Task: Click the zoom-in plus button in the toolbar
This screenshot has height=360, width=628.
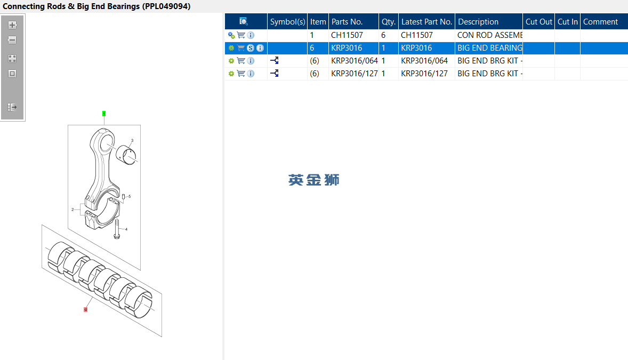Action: pyautogui.click(x=12, y=25)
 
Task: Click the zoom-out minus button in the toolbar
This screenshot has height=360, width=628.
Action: pyautogui.click(x=12, y=40)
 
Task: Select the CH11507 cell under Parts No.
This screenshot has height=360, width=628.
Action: pyautogui.click(x=347, y=35)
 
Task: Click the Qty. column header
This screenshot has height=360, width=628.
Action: pyautogui.click(x=389, y=22)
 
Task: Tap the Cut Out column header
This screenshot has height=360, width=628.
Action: pyautogui.click(x=538, y=22)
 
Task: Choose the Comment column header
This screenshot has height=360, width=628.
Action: pyautogui.click(x=600, y=22)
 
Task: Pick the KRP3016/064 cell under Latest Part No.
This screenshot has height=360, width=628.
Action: pyautogui.click(x=424, y=61)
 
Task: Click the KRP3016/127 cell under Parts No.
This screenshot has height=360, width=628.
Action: pyautogui.click(x=354, y=74)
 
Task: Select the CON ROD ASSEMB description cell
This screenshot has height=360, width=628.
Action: pyautogui.click(x=490, y=35)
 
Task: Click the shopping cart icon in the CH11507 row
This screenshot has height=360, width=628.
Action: pyautogui.click(x=241, y=35)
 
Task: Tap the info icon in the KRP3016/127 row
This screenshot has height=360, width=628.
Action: pyautogui.click(x=251, y=74)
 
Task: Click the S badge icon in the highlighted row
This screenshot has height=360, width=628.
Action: pyautogui.click(x=251, y=48)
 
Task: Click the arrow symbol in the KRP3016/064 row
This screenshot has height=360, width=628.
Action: pyautogui.click(x=275, y=61)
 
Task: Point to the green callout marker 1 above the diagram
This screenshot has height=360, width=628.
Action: pyautogui.click(x=104, y=114)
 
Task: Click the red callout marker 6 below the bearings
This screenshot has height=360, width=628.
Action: pyautogui.click(x=85, y=309)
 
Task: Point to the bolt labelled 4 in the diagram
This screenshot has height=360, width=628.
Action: pyautogui.click(x=117, y=229)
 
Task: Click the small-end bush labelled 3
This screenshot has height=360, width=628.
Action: pyautogui.click(x=126, y=155)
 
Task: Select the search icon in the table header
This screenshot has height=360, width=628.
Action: pyautogui.click(x=243, y=22)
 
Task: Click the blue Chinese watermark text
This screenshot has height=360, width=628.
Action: pyautogui.click(x=313, y=180)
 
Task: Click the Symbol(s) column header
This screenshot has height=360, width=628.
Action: pyautogui.click(x=287, y=22)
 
